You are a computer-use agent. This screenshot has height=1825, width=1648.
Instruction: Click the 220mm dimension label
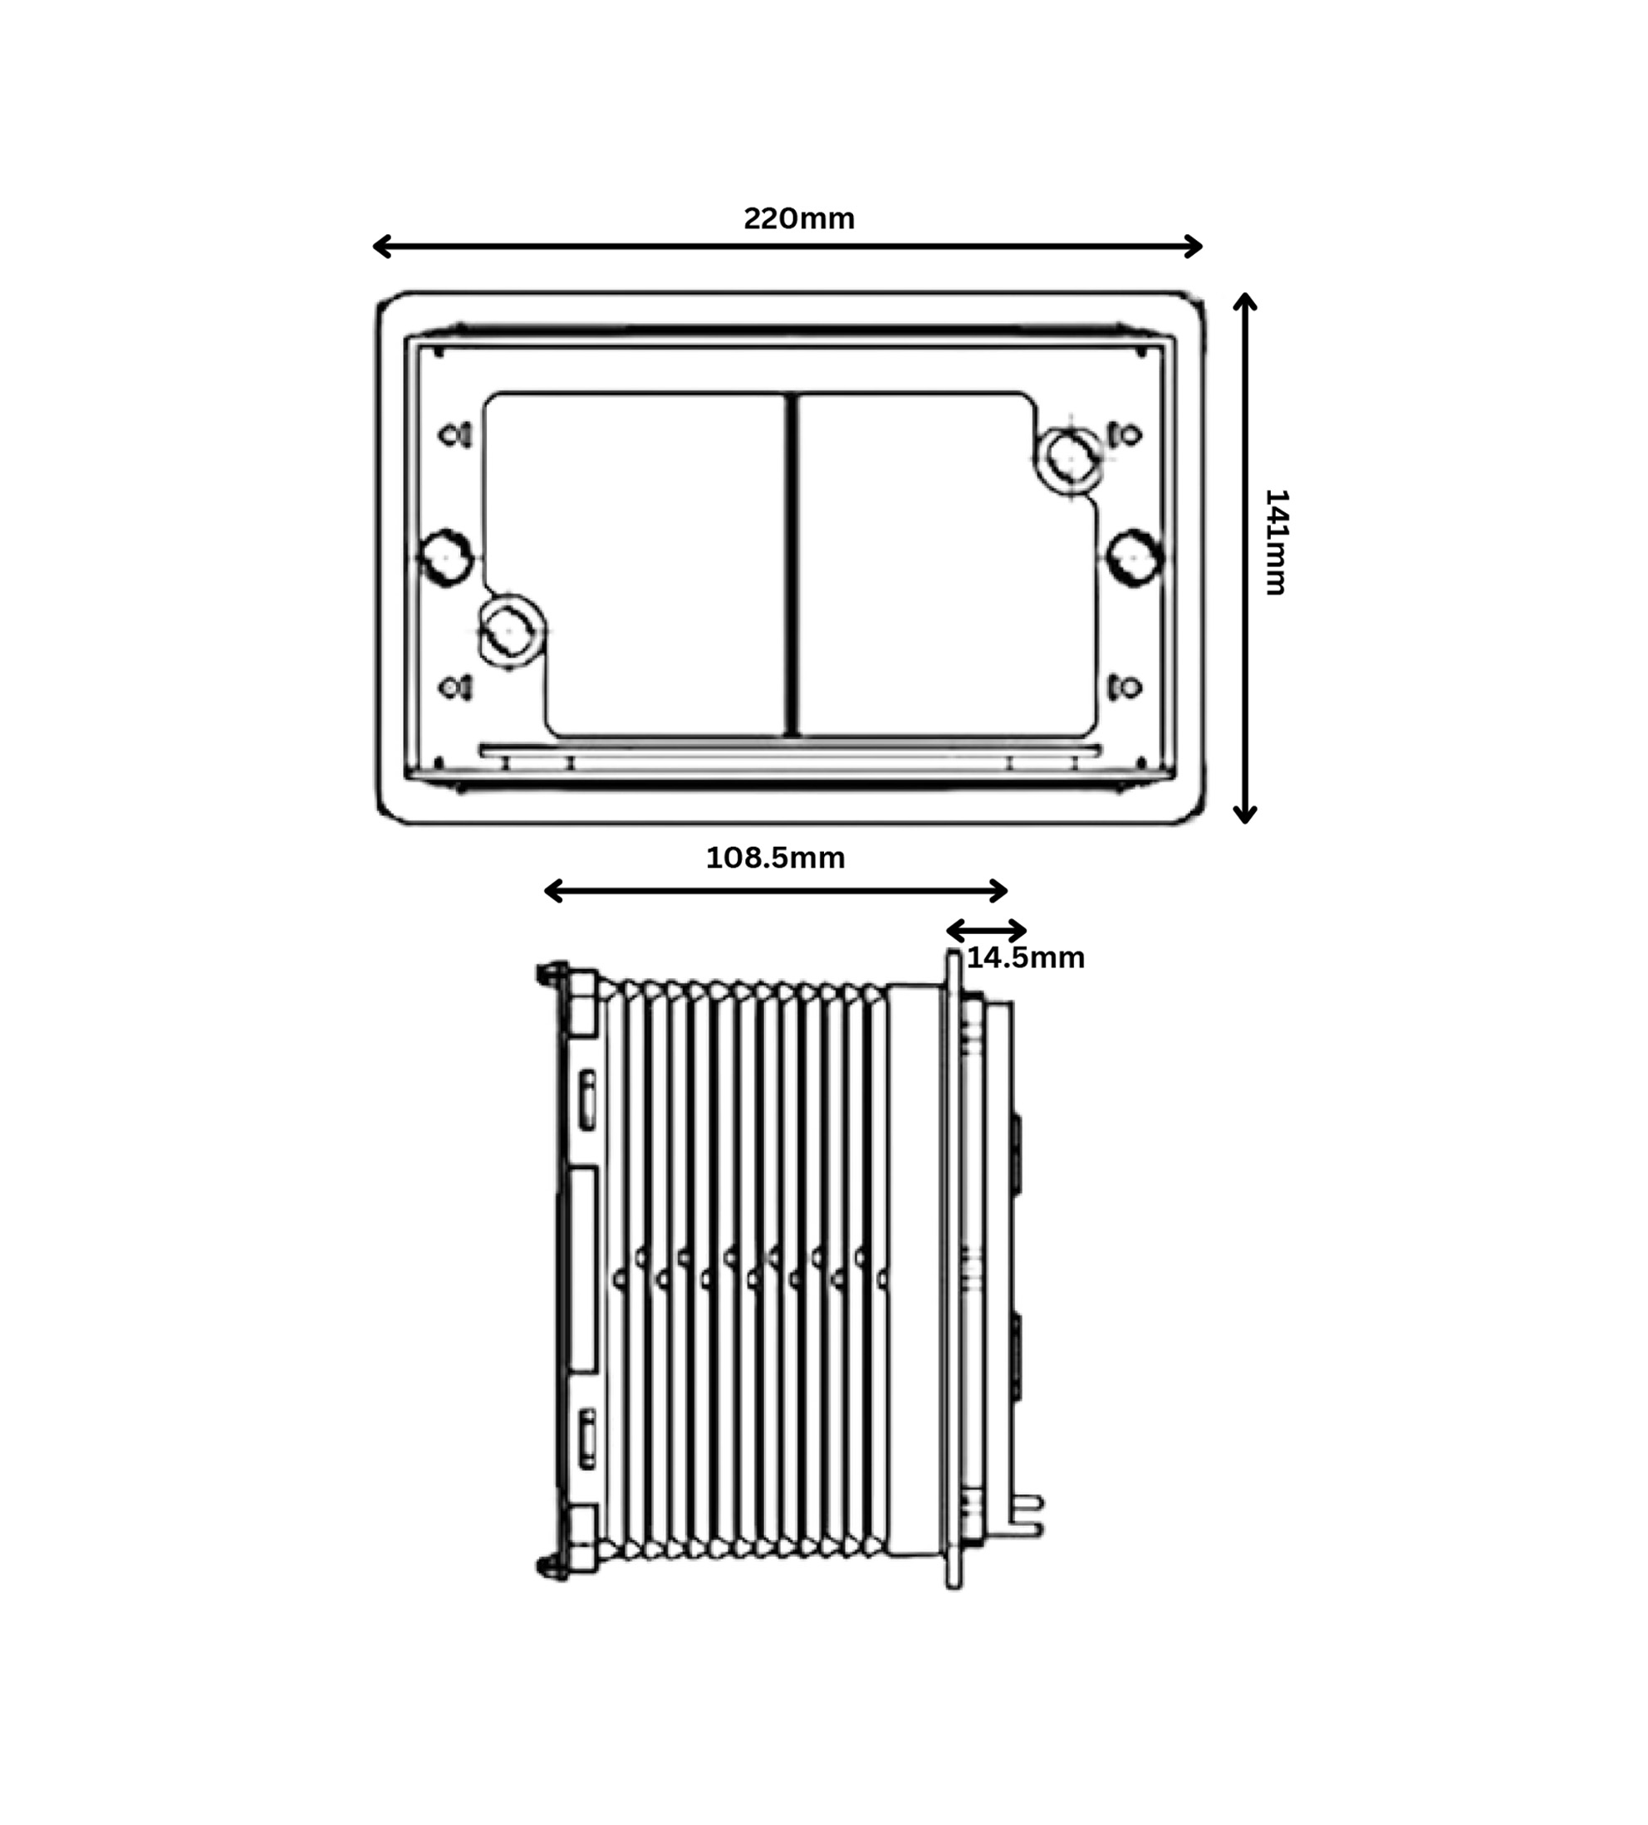coord(798,219)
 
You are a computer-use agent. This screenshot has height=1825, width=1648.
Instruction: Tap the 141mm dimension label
coord(1276,541)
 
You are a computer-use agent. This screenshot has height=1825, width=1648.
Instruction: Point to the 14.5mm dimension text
coord(1025,958)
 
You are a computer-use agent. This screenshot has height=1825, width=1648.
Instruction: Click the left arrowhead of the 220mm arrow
coord(380,247)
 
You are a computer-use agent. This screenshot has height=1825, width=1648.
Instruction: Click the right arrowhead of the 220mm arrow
coord(1194,247)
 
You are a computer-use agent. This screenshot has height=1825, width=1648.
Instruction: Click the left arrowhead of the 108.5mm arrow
coord(552,891)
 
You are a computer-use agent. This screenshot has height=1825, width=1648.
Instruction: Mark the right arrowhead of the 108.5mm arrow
coord(999,891)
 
